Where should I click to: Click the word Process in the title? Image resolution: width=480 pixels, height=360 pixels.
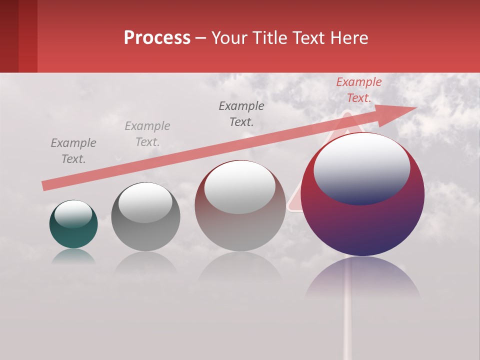coord(157,38)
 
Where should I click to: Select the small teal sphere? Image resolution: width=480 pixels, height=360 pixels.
coord(73,232)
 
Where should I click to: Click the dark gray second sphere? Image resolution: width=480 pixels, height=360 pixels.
coord(145,230)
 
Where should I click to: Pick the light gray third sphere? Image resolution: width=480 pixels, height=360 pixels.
coord(240,225)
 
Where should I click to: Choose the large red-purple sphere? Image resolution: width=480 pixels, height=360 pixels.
coord(362,220)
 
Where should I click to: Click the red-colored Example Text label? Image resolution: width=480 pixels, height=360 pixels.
coord(358,90)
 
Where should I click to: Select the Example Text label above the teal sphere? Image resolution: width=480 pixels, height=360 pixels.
coord(73,151)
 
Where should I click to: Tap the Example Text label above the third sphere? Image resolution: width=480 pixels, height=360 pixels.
coord(241,113)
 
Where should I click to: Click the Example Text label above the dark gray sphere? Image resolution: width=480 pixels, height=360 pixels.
coord(147,134)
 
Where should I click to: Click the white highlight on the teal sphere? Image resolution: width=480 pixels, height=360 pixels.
coord(73,214)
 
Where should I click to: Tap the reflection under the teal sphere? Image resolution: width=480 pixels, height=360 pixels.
coord(73,256)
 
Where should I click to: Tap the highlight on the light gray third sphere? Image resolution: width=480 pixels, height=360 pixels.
coord(240,187)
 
